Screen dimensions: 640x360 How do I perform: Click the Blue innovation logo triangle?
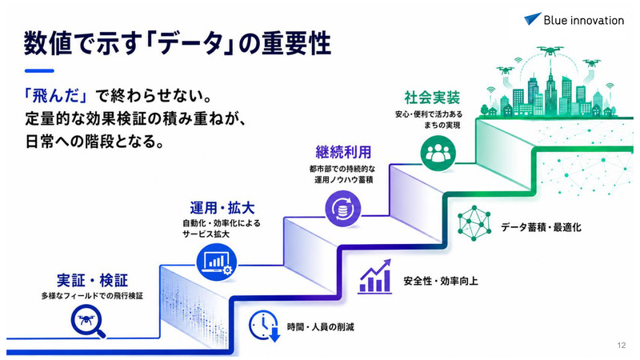532,18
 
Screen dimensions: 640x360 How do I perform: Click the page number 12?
622,346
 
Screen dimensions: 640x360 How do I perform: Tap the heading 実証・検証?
92,281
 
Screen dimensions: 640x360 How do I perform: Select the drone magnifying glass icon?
88,322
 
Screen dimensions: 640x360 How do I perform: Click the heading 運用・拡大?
222,208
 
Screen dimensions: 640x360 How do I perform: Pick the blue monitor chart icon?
216,262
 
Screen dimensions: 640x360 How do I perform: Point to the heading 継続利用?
343,152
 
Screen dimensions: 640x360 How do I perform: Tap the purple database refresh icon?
343,209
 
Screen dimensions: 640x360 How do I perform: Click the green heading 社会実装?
432,98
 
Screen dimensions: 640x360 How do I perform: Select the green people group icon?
438,154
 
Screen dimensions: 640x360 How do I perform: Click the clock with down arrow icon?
265,326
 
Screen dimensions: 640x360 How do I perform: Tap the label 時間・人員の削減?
321,327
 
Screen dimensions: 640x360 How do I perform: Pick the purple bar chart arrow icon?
374,277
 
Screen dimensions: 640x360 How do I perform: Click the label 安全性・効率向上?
441,281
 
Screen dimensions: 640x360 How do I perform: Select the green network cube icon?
474,223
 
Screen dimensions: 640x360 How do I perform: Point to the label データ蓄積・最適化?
541,227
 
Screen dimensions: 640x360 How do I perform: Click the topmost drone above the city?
550,50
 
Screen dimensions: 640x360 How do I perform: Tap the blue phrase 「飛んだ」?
55,96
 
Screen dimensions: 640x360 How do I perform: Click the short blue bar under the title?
39,71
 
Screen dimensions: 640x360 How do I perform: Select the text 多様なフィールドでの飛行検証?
92,296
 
